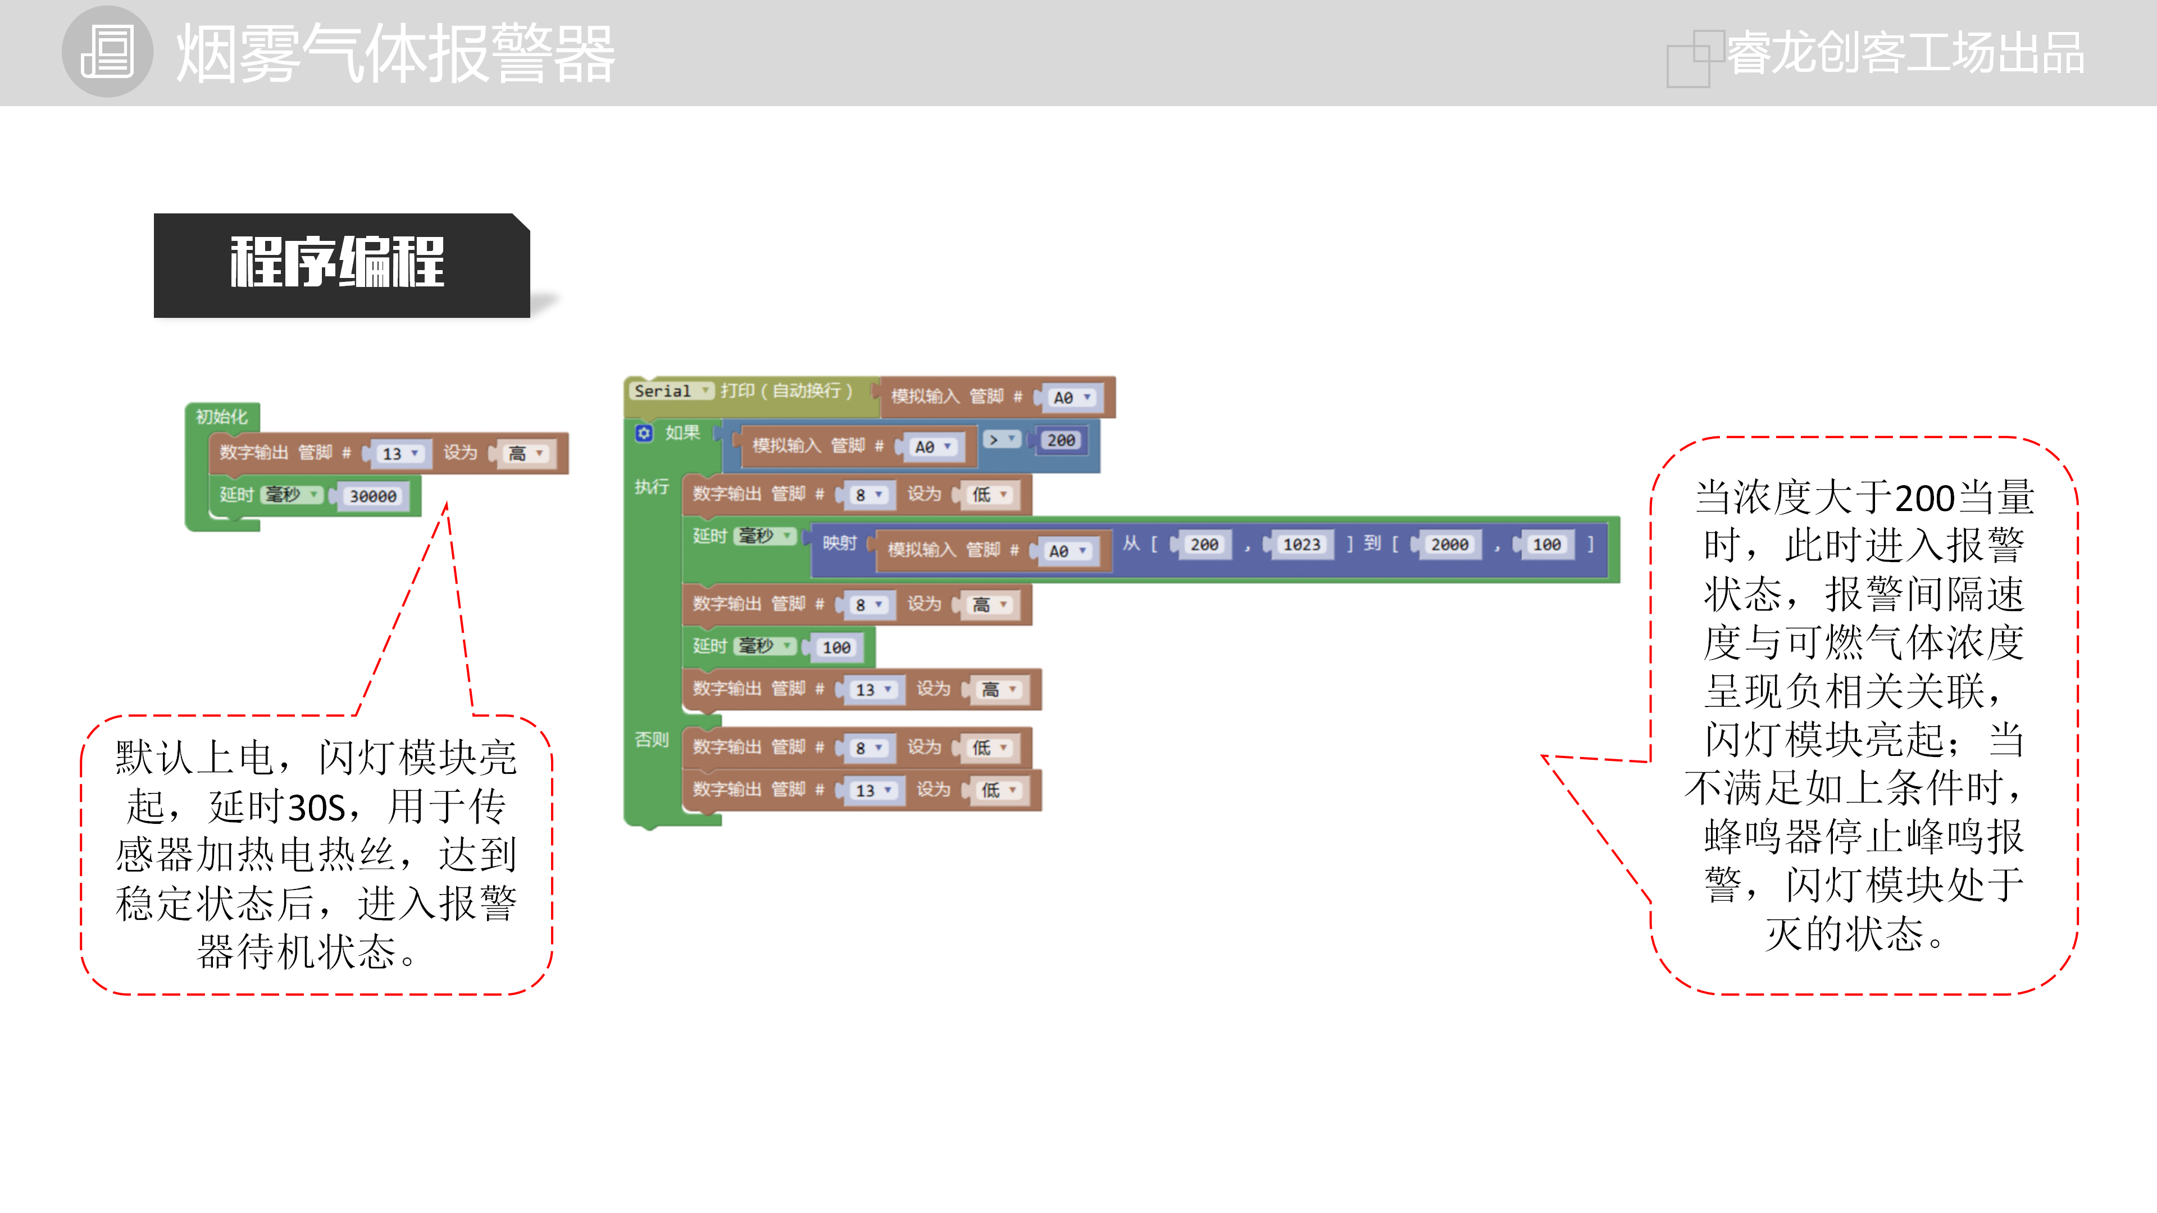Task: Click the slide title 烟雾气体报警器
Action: click(395, 53)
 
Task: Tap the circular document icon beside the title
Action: click(107, 52)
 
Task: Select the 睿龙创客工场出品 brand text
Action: click(1904, 53)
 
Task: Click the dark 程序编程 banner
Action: click(339, 264)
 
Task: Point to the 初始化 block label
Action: click(221, 417)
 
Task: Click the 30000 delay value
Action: click(372, 496)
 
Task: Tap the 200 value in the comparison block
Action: click(1061, 440)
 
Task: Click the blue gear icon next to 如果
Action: click(643, 433)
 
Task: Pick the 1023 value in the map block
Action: click(1302, 545)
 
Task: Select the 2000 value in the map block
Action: click(1449, 545)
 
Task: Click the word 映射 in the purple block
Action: click(839, 543)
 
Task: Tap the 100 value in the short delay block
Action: click(836, 647)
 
